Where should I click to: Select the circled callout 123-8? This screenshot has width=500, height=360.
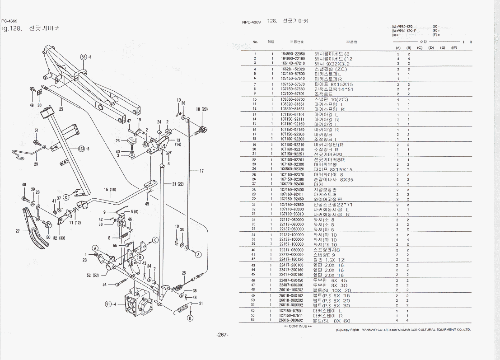83,149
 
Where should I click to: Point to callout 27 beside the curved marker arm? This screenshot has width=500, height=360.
18,231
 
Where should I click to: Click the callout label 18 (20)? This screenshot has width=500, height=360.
201,109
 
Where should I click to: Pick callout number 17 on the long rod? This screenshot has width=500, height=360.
201,171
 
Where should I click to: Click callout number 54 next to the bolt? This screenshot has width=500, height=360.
104,285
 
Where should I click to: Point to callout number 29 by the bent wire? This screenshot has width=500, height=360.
36,164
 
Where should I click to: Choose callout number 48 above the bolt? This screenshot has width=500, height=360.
23,185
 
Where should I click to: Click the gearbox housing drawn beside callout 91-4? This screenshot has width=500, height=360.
137,303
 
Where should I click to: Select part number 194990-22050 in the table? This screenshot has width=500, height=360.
293,54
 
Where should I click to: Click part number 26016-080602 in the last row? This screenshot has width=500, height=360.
293,320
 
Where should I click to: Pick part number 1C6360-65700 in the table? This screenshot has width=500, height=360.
293,99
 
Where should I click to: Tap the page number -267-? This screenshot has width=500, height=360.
222,335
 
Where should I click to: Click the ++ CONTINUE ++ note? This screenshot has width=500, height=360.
298,326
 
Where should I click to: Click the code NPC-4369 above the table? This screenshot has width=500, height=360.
251,22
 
